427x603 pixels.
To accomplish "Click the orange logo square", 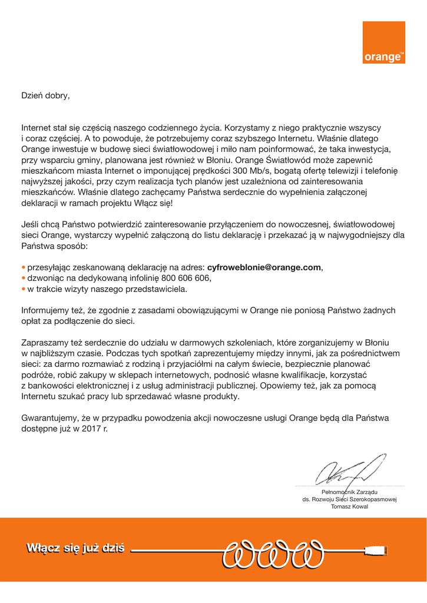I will (383, 43).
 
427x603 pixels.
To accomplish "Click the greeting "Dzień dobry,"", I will (45, 95).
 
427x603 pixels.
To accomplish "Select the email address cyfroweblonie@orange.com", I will (264, 267).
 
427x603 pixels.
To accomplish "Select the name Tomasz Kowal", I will (350, 506).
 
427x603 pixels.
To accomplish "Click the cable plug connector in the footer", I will (375, 552).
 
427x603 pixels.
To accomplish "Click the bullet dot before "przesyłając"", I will (23, 268).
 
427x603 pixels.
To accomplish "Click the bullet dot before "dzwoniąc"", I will (23, 279).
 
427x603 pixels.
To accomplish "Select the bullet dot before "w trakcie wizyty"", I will (23, 289).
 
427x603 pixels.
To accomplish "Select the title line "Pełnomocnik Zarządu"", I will (349, 492).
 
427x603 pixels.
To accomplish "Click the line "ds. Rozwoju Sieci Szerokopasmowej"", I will (350, 499).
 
